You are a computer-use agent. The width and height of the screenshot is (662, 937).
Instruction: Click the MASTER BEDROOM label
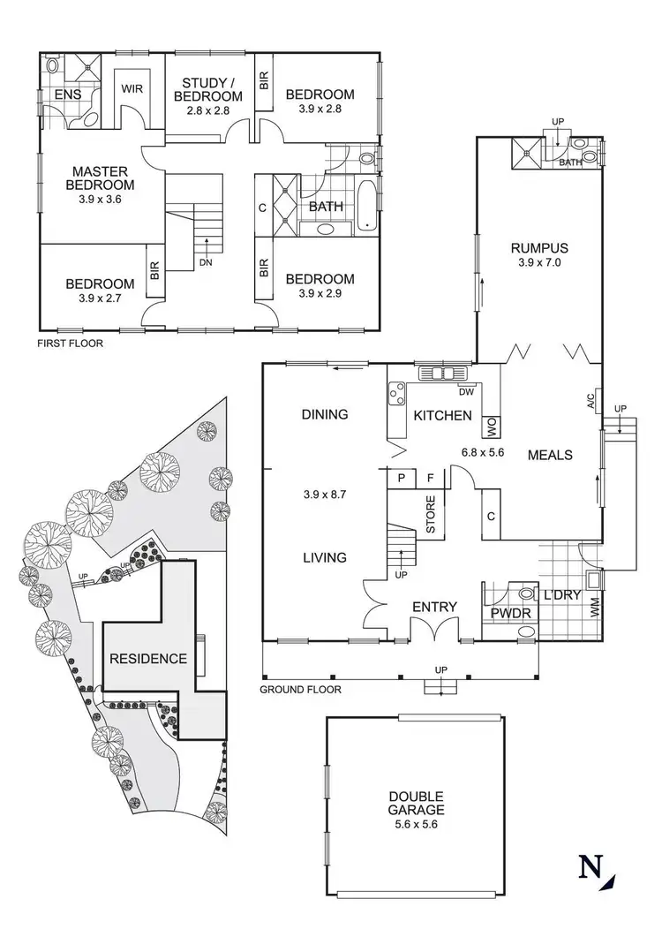tap(103, 178)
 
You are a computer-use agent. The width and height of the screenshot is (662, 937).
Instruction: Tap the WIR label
tap(132, 89)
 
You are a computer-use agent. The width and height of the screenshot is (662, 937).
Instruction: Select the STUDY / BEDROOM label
tap(207, 89)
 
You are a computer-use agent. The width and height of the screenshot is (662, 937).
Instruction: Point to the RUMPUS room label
tap(538, 248)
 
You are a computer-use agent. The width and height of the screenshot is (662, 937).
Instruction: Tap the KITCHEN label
tap(442, 415)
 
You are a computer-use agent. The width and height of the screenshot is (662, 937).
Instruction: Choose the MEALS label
tap(550, 455)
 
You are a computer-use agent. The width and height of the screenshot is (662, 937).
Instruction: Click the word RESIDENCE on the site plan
tap(148, 658)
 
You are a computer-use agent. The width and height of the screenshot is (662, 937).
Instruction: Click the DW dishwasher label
tap(466, 392)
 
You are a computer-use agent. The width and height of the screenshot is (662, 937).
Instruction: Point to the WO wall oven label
tap(491, 427)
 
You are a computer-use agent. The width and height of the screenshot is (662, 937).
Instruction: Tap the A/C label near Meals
tap(591, 401)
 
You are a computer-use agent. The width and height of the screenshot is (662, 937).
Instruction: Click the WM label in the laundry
tap(594, 609)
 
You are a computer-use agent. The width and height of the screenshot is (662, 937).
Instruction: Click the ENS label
tap(67, 94)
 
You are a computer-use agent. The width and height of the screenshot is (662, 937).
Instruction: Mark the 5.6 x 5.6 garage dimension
tap(416, 824)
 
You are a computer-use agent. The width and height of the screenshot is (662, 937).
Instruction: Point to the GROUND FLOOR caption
tap(301, 689)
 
